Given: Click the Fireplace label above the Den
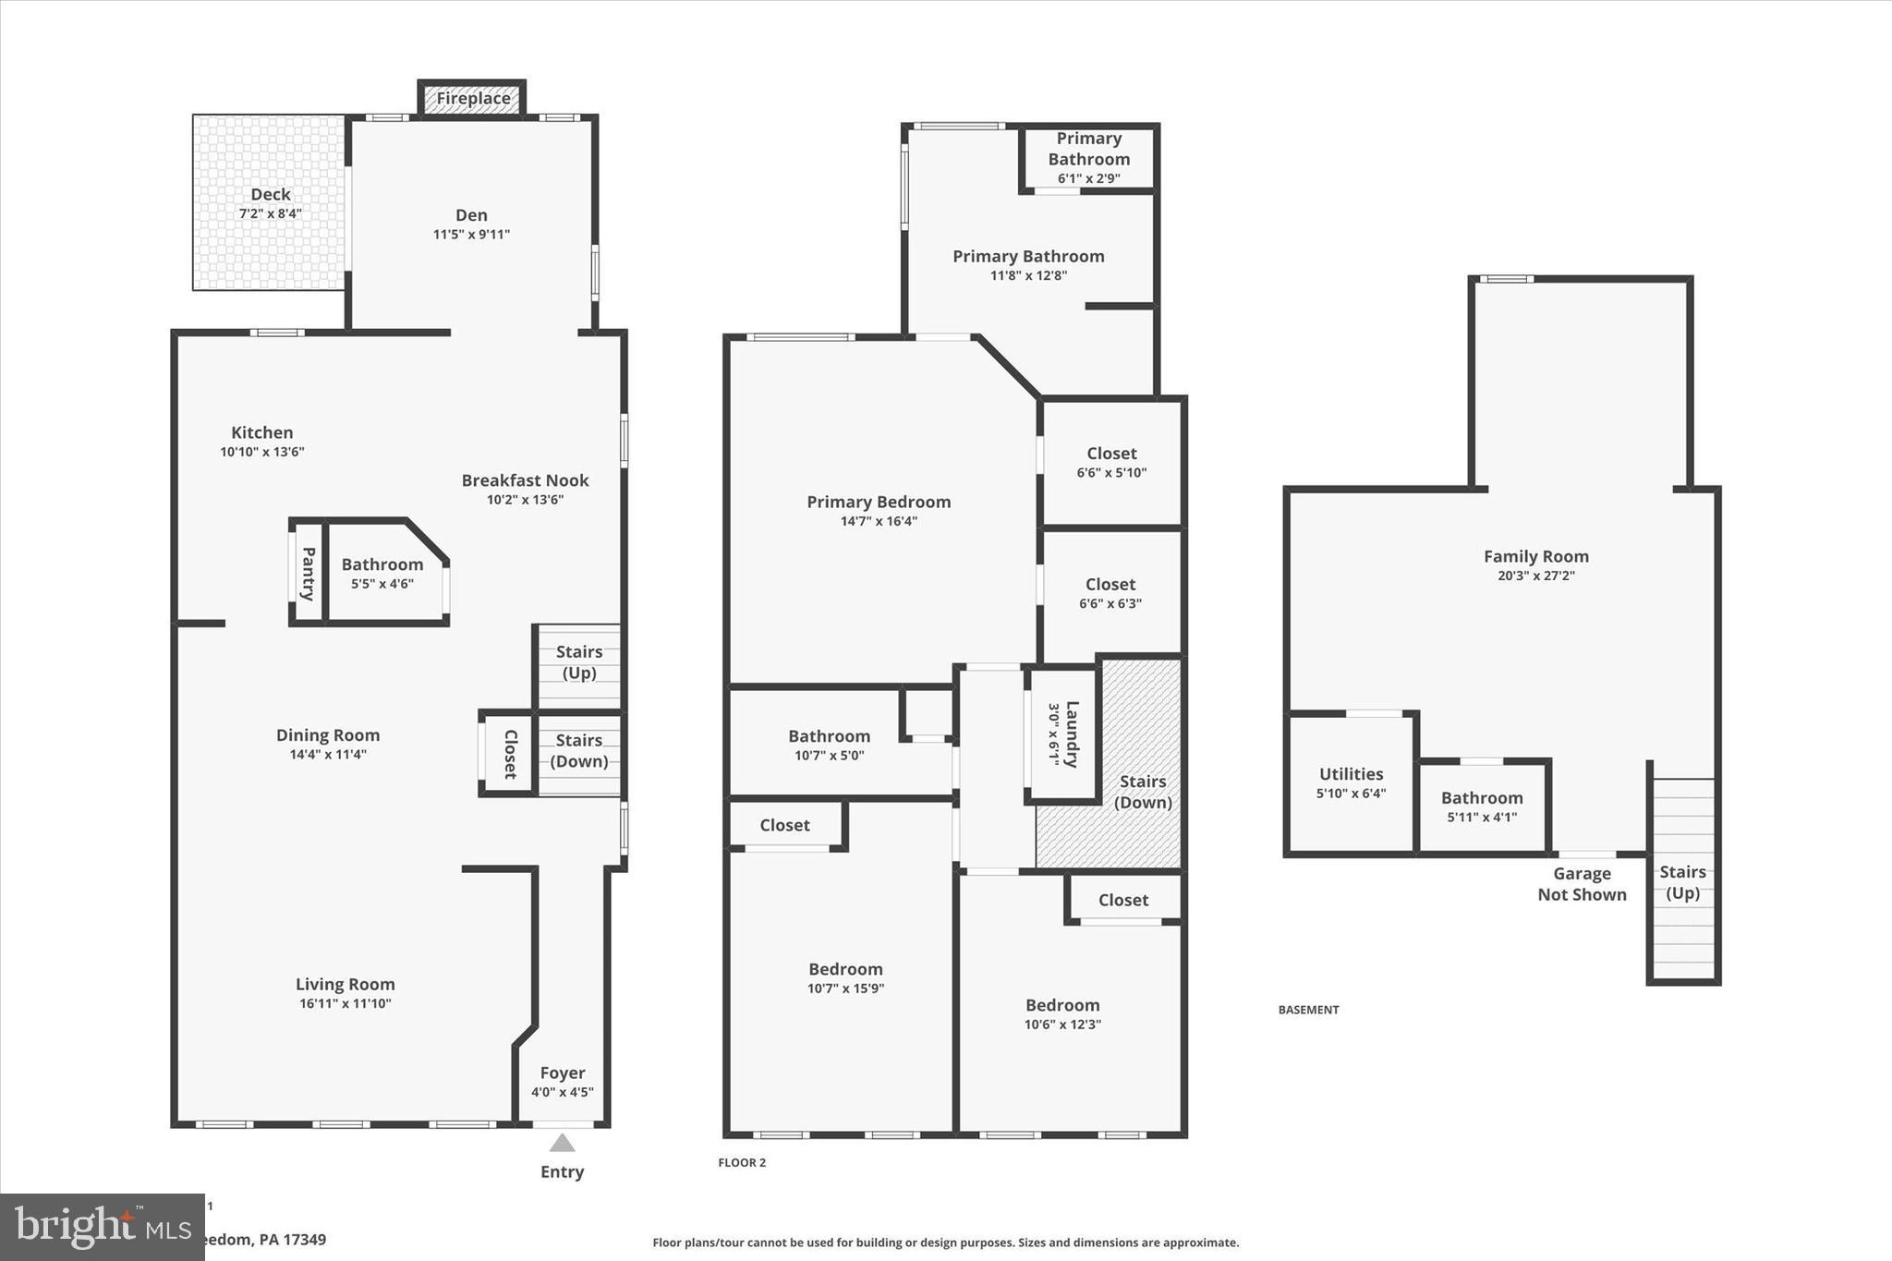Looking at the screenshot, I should coord(473,99).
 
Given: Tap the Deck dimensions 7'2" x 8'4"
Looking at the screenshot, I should coord(270,214).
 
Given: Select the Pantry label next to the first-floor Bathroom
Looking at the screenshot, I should coord(309,574).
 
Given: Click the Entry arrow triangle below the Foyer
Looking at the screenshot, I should coord(563,1144).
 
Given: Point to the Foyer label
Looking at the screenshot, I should coord(563,1073).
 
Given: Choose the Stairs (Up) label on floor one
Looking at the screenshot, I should coord(579,662).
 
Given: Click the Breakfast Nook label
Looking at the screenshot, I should coord(525,480).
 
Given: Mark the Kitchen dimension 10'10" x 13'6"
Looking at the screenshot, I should coord(261,452).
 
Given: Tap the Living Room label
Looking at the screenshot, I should coord(345,985).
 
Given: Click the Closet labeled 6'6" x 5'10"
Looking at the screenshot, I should coord(1111,462).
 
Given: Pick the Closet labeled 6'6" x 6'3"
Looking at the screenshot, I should coord(1110,593).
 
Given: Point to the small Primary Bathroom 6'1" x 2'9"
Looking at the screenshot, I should coord(1089,157).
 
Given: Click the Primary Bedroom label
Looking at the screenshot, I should coord(879,502).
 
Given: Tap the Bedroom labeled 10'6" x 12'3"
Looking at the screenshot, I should coord(1062,1013).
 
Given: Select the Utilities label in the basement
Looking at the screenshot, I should coord(1351,774).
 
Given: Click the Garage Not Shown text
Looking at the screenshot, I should coord(1582,884).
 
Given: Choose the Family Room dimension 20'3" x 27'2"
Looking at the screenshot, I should coord(1536,576).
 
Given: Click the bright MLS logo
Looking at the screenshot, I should coord(102,1227).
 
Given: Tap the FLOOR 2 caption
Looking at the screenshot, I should coord(742,1163).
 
